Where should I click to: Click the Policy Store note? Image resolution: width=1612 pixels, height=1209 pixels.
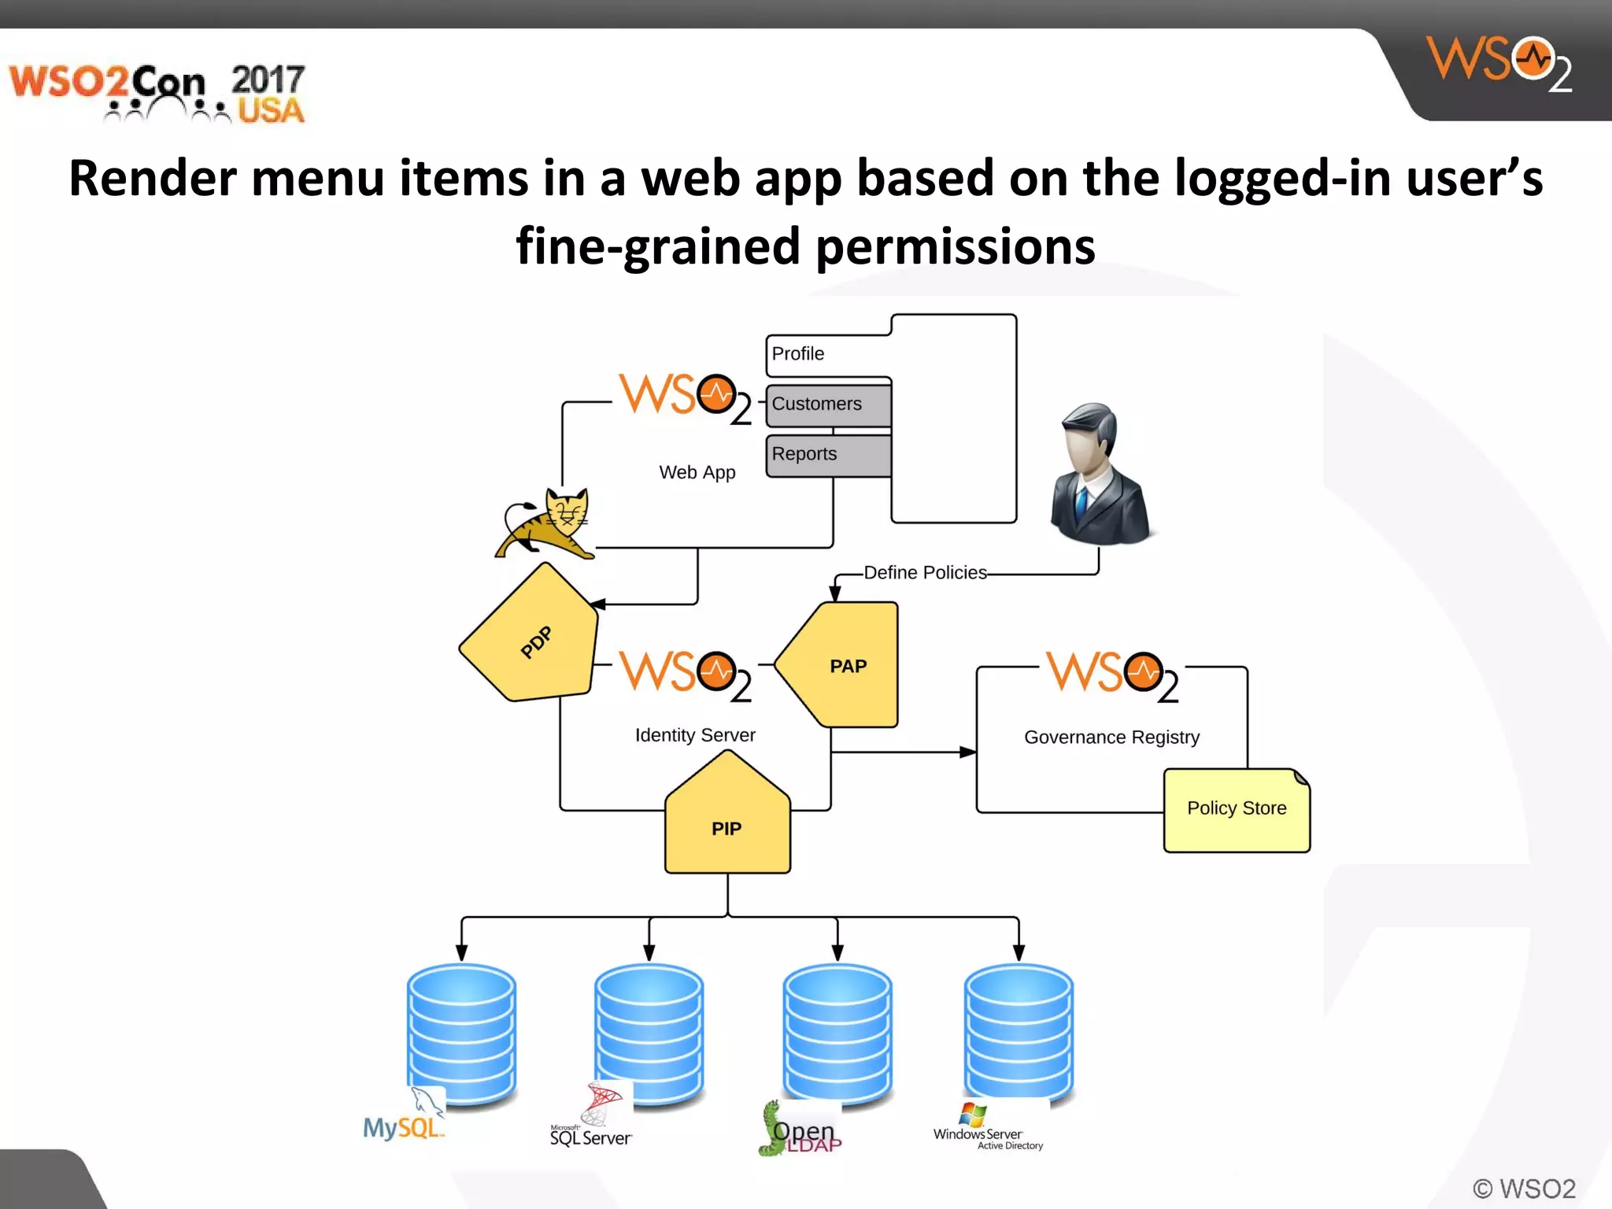(x=1236, y=809)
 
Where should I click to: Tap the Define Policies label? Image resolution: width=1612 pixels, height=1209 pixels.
(x=925, y=572)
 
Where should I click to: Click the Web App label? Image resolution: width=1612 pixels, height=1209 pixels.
(x=697, y=472)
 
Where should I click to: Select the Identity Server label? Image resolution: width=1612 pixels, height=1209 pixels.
(x=695, y=734)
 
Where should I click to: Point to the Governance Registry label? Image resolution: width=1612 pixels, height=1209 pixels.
(x=1111, y=737)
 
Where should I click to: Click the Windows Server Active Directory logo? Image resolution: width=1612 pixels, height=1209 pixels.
(x=988, y=1130)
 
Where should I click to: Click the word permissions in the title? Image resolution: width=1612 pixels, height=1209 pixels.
(x=955, y=246)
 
